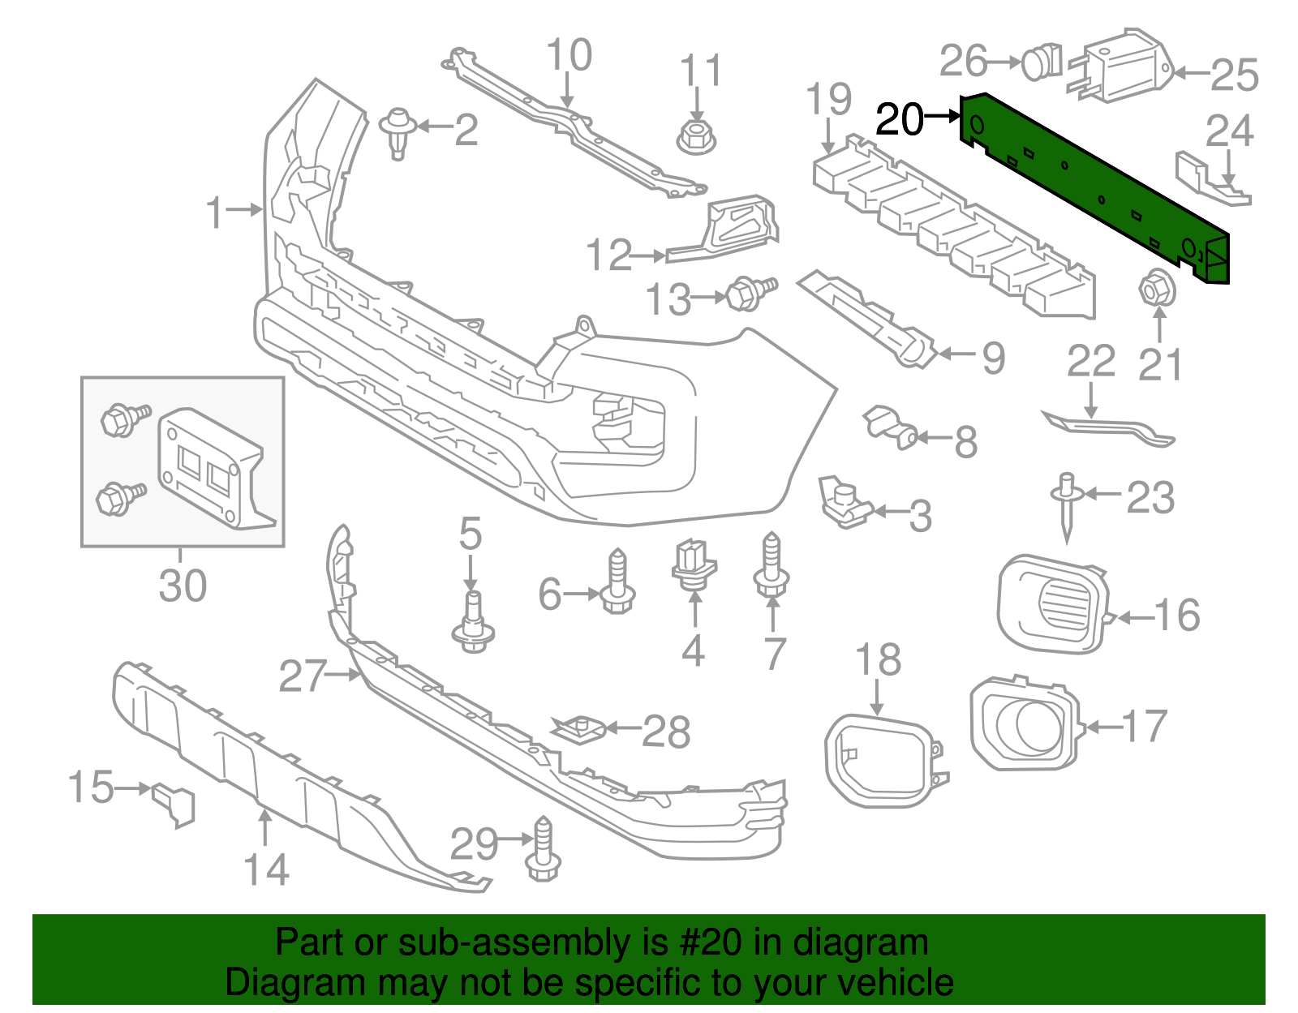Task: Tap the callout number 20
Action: pos(900,120)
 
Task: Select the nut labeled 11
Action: pos(695,135)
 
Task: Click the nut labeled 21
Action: pos(1157,290)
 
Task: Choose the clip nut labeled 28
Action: pos(578,728)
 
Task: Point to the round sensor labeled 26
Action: pos(1040,62)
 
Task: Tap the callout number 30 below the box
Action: pos(183,586)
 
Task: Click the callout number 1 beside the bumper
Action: pos(213,212)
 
